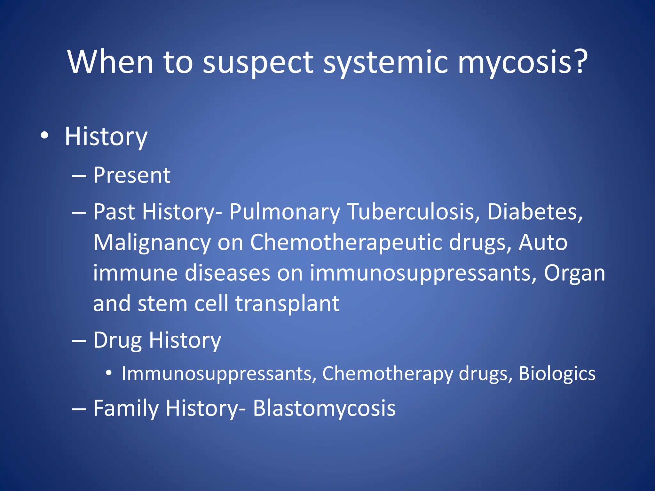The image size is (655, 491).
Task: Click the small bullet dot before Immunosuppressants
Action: pos(109,373)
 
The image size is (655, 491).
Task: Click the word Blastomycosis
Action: pos(324,409)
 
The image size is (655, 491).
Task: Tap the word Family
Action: pos(126,409)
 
